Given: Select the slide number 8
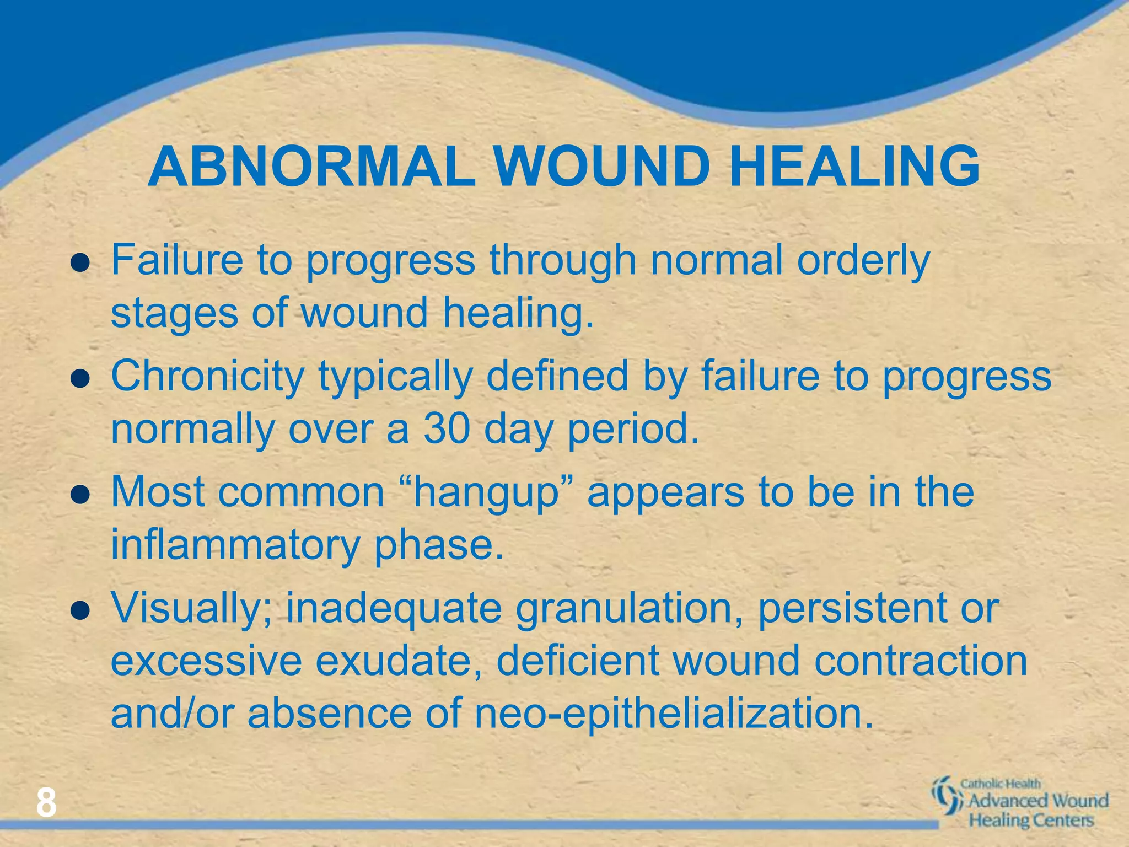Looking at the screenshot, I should (x=46, y=803).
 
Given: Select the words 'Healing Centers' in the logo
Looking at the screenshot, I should (x=1031, y=820).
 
